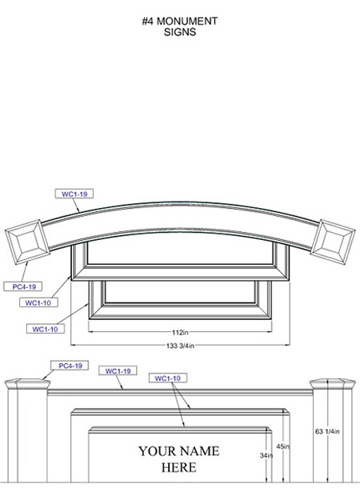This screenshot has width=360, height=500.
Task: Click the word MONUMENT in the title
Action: (187, 22)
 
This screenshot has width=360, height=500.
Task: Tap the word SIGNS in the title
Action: (180, 32)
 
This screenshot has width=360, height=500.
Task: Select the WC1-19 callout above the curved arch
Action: (74, 194)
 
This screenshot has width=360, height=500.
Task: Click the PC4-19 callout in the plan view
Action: (23, 286)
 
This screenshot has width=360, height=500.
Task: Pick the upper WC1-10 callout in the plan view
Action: (38, 302)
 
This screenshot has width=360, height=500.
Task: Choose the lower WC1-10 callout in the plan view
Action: (46, 329)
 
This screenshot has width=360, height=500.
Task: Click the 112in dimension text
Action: (180, 333)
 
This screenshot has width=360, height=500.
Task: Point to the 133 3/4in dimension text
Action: (180, 346)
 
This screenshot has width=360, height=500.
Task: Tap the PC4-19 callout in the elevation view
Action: (70, 366)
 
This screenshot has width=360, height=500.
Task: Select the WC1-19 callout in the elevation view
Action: (118, 371)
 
